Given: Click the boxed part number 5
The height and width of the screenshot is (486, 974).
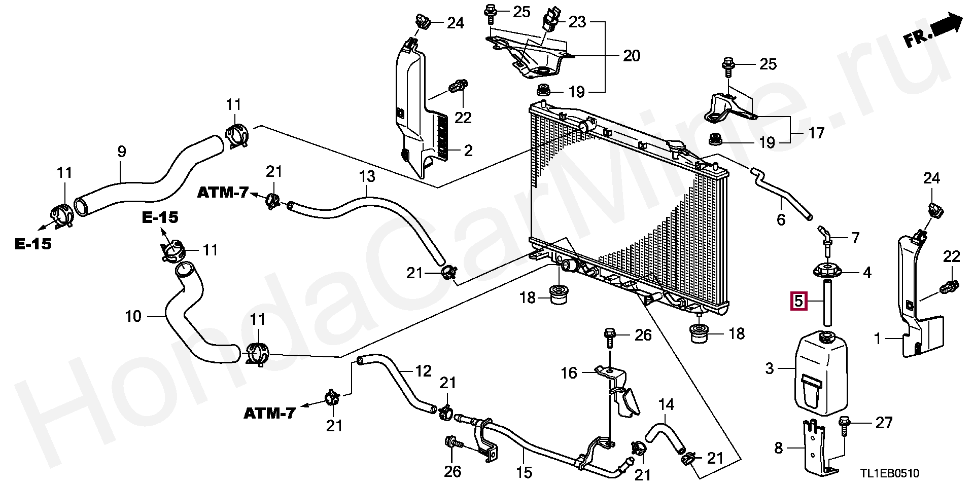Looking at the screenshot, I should click(x=798, y=302).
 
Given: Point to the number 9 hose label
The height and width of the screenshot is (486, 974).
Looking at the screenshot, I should click(x=121, y=152).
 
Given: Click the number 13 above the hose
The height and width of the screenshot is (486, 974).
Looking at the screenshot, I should click(x=367, y=176).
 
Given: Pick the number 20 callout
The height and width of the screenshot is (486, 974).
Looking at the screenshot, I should click(x=631, y=55).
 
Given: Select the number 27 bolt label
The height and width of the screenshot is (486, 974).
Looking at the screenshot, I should click(x=884, y=422).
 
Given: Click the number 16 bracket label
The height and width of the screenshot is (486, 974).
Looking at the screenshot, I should click(x=569, y=373).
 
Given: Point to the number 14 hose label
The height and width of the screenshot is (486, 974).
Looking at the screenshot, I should click(x=667, y=404).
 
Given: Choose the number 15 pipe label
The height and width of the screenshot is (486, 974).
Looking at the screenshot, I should click(x=525, y=472).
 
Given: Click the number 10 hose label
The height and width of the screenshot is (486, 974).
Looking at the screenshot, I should click(x=133, y=317).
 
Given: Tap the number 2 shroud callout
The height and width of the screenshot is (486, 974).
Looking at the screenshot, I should click(x=468, y=151).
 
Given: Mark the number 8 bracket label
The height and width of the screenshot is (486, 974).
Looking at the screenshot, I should click(x=779, y=448).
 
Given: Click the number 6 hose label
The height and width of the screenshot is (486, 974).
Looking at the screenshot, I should click(x=781, y=219).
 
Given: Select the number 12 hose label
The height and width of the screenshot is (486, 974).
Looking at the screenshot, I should click(x=424, y=371).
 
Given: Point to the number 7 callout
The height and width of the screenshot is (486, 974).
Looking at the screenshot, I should click(x=855, y=237).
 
